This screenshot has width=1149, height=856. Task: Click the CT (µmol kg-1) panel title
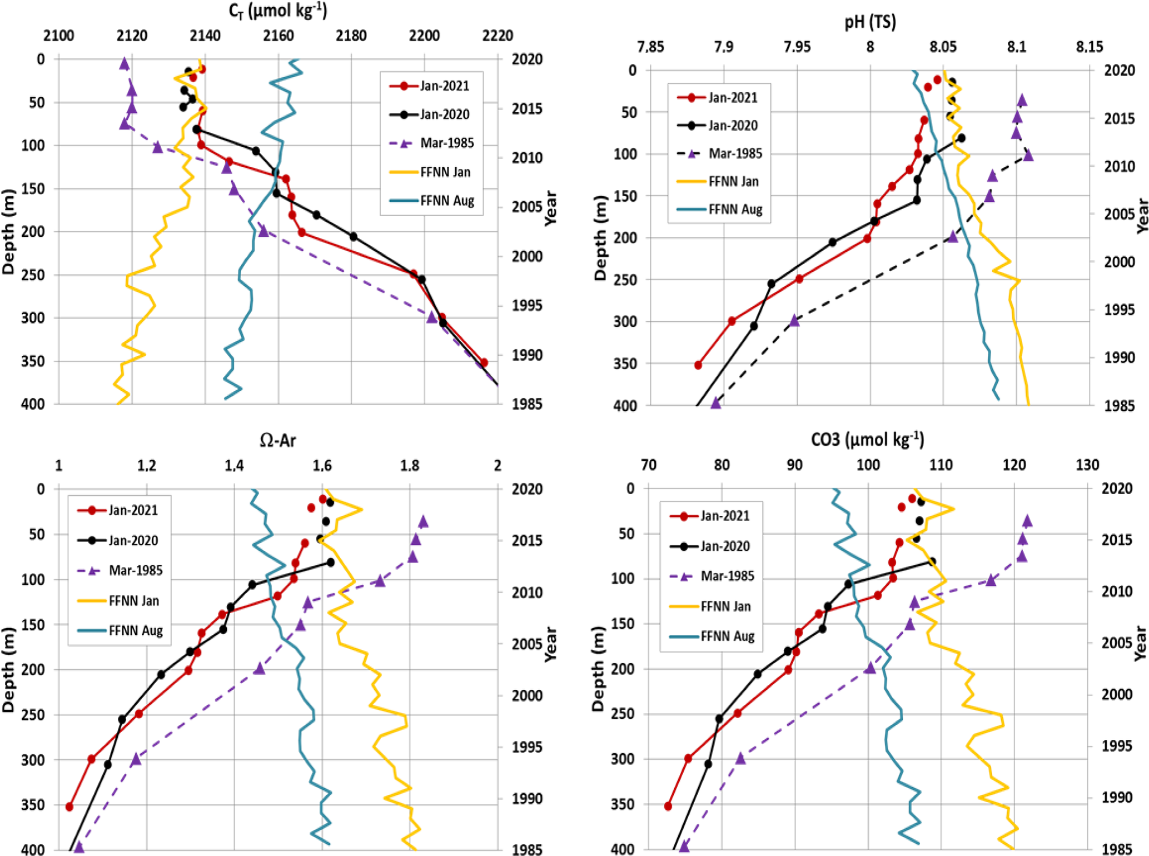277,11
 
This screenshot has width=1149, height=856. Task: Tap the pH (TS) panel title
870,22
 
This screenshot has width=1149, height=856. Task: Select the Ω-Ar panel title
277,440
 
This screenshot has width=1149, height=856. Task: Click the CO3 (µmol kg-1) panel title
867,439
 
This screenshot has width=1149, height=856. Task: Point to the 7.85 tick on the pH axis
650,47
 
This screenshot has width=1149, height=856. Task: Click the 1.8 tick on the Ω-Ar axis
410,465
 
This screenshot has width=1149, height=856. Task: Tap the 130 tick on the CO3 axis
1087,465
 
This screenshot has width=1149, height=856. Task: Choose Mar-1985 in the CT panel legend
446,143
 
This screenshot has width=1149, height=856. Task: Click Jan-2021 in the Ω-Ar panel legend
133,510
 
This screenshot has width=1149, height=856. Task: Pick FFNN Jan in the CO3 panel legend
725,606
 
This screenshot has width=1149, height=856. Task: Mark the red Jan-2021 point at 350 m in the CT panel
484,362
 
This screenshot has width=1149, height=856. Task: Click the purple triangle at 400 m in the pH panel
716,403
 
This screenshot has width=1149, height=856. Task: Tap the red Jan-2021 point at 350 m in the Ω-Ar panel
69,807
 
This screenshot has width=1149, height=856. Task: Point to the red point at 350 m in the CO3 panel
668,806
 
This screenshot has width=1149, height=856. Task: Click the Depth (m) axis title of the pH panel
600,237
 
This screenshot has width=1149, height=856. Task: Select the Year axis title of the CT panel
550,208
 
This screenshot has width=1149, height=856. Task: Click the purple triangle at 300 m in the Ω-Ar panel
136,759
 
